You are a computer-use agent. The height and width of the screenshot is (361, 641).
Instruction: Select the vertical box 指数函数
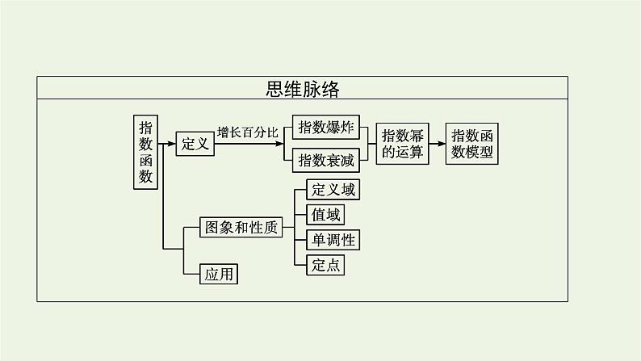pyautogui.click(x=146, y=151)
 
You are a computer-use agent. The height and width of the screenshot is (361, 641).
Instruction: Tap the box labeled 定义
pyautogui.click(x=195, y=144)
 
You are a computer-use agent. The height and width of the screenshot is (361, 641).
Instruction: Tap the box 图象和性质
pyautogui.click(x=240, y=228)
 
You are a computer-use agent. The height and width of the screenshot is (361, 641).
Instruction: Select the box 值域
pyautogui.click(x=325, y=215)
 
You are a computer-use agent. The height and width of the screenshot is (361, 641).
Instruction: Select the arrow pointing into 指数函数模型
pyautogui.click(x=437, y=144)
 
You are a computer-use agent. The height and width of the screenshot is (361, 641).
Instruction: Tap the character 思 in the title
pyautogui.click(x=277, y=88)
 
